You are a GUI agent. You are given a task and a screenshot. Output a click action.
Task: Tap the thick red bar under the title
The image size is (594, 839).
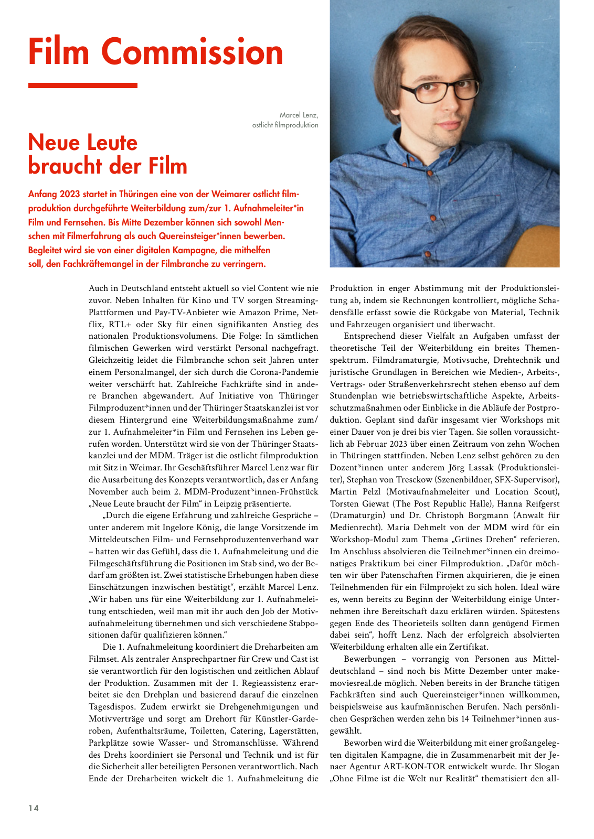82,85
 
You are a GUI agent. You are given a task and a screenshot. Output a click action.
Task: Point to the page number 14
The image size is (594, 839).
34,808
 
